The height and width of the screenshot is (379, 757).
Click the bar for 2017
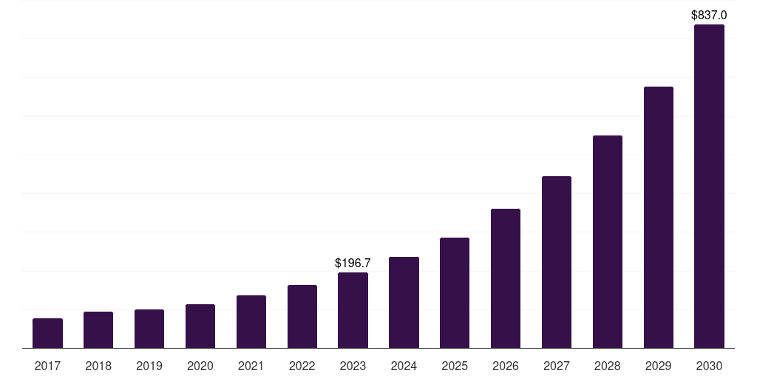(47, 333)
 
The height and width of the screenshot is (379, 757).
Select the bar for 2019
(149, 329)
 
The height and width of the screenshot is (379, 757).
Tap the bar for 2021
(251, 321)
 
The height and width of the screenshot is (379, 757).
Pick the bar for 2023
(353, 310)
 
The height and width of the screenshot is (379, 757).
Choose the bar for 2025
(455, 292)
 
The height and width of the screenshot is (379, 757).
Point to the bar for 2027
(557, 262)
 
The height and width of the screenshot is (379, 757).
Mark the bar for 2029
(659, 217)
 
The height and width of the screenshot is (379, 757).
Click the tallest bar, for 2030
(709, 186)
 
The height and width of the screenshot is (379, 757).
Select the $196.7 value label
(353, 263)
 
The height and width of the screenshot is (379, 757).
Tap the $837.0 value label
(709, 15)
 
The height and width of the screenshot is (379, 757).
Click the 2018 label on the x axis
(98, 366)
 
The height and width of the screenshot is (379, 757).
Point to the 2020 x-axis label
(200, 366)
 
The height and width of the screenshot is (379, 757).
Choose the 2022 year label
(302, 366)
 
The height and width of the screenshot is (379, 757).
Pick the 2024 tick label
(404, 366)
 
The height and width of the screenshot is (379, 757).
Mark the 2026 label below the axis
(506, 366)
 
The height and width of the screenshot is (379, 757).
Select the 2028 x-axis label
(608, 366)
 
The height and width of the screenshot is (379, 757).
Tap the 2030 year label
(709, 366)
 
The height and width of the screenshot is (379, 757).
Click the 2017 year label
(47, 366)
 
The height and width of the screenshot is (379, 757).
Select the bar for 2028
(608, 241)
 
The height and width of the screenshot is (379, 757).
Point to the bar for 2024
(404, 302)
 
